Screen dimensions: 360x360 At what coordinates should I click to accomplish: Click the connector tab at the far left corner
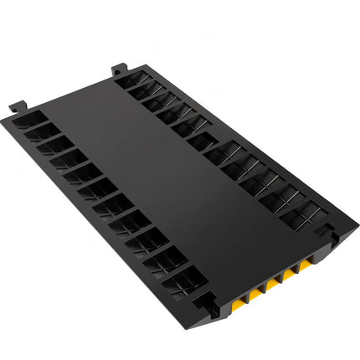[17, 107]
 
